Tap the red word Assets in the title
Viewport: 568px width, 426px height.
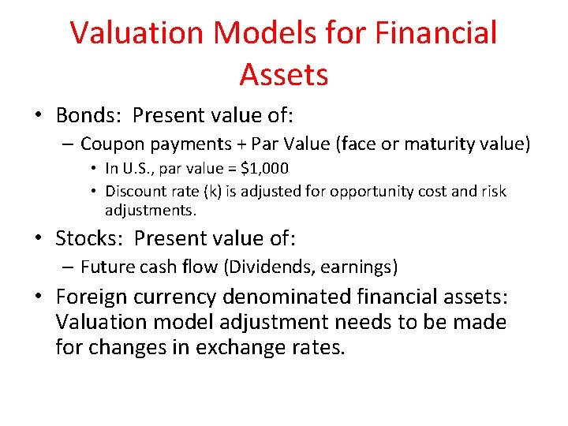pyautogui.click(x=283, y=75)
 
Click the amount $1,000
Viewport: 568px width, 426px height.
pyautogui.click(x=262, y=169)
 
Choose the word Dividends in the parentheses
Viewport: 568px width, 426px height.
pyautogui.click(x=266, y=267)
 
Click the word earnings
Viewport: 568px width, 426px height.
pyautogui.click(x=356, y=267)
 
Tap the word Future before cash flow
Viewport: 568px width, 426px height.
pyautogui.click(x=108, y=267)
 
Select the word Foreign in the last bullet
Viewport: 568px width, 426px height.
pyautogui.click(x=88, y=297)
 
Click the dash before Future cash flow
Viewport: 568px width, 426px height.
pyautogui.click(x=69, y=267)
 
